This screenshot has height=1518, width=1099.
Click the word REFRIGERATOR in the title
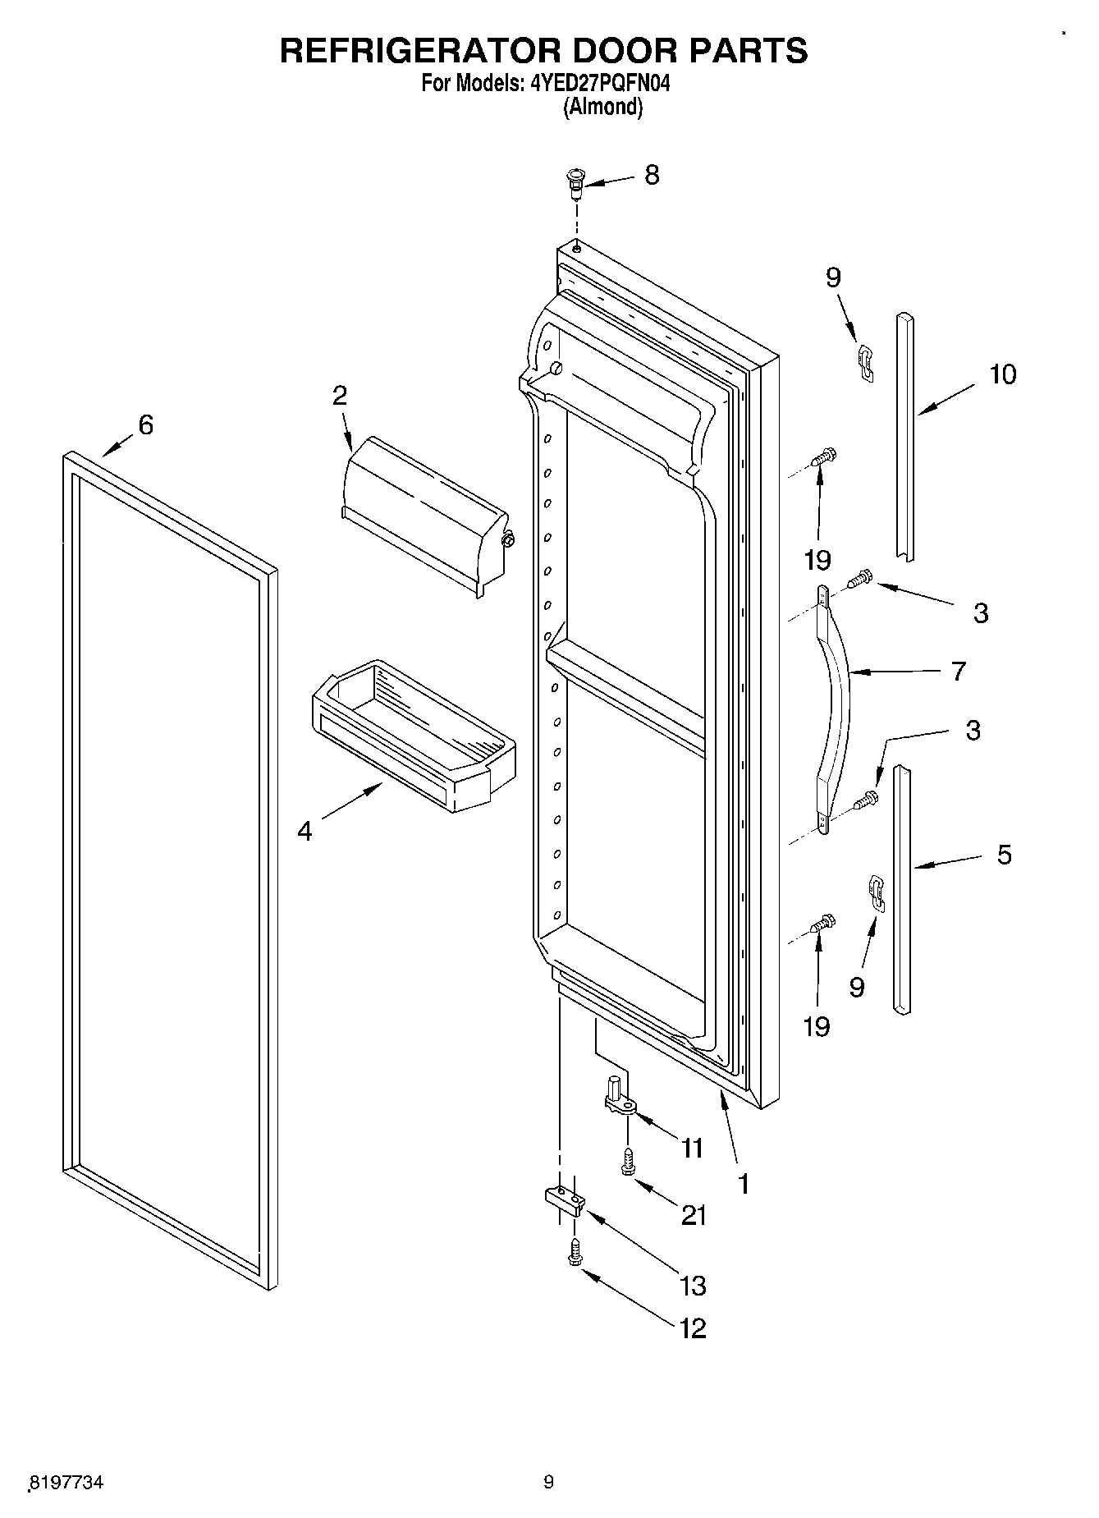click(419, 50)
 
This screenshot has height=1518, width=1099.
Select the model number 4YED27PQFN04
click(594, 83)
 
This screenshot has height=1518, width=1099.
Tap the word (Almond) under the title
click(602, 107)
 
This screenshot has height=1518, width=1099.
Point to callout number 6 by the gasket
click(145, 424)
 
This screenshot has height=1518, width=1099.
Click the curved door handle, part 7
click(838, 706)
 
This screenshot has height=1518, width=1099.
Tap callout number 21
click(694, 1214)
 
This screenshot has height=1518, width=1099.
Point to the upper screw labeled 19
click(823, 456)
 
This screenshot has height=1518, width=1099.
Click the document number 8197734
click(67, 1482)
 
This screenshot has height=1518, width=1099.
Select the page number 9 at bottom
click(549, 1482)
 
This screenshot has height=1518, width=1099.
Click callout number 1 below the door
click(743, 1184)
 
